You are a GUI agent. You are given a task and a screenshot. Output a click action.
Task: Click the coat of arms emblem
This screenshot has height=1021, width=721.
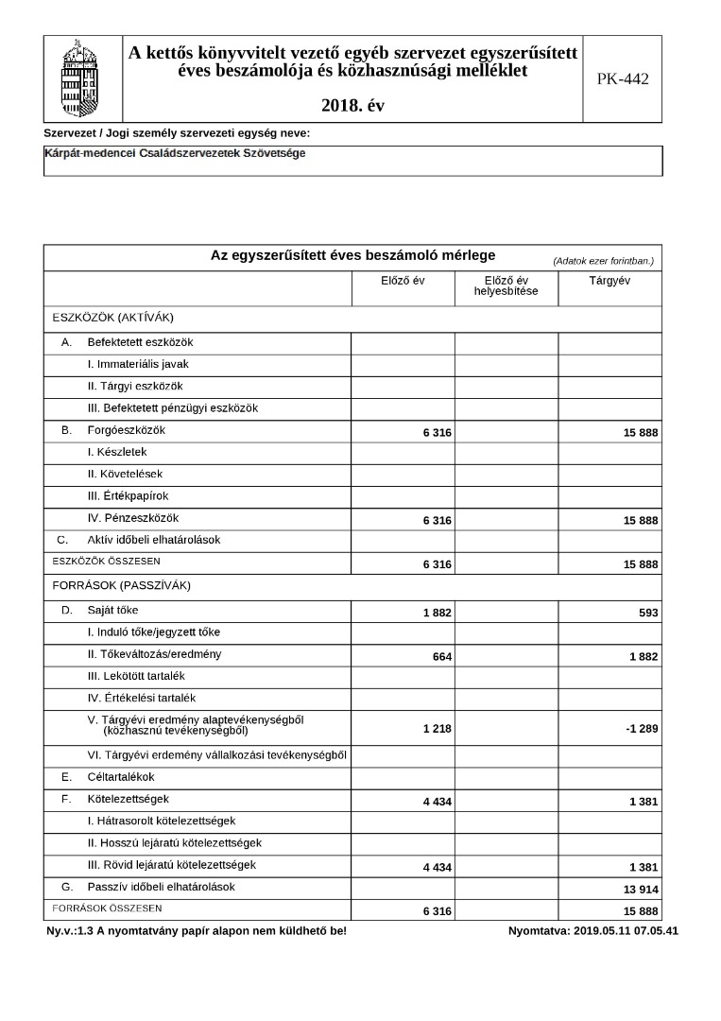tap(83, 78)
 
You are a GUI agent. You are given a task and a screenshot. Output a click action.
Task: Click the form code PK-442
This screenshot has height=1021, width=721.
tap(622, 79)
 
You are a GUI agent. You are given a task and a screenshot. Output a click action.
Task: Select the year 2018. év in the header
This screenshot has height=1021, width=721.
tap(353, 105)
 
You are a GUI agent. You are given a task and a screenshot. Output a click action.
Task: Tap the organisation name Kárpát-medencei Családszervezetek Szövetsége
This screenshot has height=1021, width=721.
tap(175, 153)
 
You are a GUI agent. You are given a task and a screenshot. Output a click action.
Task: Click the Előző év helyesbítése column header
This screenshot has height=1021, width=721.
tap(506, 286)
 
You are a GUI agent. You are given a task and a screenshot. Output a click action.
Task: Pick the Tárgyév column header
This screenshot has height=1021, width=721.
tap(609, 281)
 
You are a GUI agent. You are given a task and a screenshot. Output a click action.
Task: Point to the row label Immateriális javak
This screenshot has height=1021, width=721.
tap(138, 364)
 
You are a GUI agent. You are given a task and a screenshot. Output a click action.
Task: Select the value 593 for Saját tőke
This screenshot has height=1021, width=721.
tap(647, 613)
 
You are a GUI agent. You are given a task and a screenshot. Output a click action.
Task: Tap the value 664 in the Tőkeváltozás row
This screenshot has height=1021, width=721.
tap(441, 657)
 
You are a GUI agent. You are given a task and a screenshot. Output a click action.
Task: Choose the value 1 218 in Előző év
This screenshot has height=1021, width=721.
tap(437, 729)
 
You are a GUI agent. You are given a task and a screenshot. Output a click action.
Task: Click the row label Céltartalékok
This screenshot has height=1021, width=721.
tap(120, 777)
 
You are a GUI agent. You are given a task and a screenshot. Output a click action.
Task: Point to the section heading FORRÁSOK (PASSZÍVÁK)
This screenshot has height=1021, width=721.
tap(121, 585)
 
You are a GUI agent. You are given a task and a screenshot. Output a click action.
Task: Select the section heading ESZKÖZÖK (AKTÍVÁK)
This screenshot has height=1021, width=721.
tap(113, 317)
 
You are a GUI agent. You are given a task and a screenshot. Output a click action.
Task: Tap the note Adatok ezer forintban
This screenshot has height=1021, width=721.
tap(603, 260)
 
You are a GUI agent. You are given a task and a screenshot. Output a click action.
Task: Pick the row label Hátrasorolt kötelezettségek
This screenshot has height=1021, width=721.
tap(161, 821)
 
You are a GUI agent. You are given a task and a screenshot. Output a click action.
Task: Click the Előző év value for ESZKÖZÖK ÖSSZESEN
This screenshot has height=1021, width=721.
tap(437, 564)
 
